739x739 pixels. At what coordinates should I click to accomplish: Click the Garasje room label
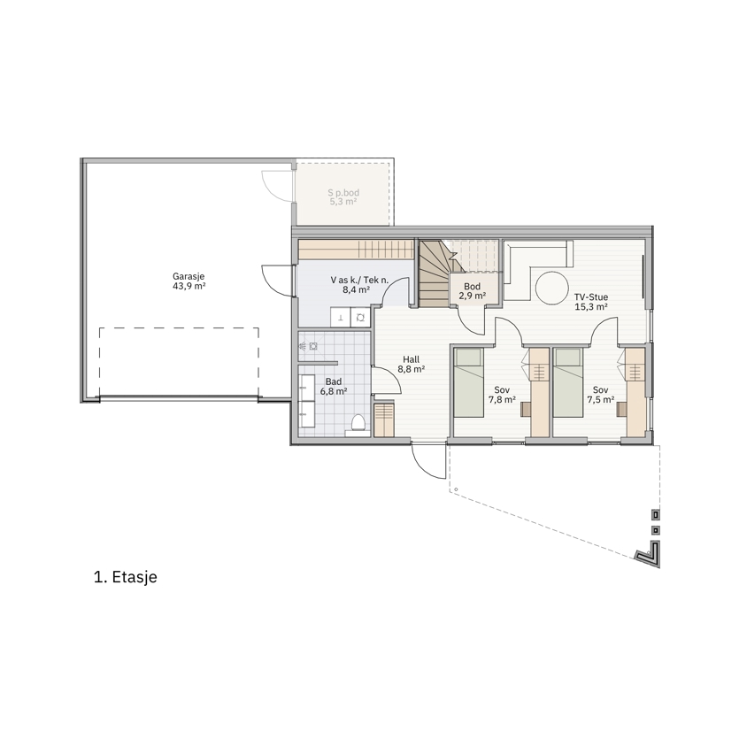click(189, 277)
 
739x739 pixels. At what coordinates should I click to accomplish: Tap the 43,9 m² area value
click(189, 287)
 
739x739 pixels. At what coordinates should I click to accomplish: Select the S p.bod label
click(343, 192)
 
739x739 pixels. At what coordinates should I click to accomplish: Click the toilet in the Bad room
click(358, 425)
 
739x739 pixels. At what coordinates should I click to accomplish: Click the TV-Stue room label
click(591, 296)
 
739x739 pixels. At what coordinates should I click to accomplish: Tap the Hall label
click(411, 359)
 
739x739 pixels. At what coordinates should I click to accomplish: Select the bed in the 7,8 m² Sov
click(469, 382)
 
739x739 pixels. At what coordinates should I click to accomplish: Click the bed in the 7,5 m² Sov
click(568, 382)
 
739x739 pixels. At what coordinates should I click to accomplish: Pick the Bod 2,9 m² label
click(473, 291)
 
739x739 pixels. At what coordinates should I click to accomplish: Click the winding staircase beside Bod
click(435, 274)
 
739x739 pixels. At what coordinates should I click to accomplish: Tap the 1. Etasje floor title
click(126, 577)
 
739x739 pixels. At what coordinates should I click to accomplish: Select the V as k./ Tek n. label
click(359, 280)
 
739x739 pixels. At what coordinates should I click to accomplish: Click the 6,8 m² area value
click(334, 391)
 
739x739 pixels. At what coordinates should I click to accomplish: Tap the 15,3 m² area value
click(591, 307)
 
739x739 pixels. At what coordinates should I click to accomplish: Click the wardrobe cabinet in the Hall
click(384, 420)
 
